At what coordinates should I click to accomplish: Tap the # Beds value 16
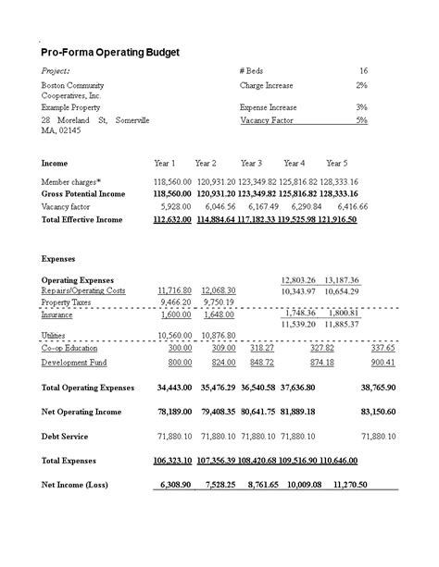(x=363, y=71)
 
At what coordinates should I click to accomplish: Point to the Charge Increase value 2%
(x=361, y=85)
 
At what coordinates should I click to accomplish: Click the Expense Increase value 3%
(x=361, y=107)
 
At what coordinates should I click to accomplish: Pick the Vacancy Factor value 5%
(x=361, y=120)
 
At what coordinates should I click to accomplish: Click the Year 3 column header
(x=251, y=163)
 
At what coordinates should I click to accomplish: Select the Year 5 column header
(x=336, y=163)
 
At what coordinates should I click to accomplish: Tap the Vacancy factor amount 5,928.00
(x=175, y=207)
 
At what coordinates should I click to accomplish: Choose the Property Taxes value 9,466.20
(x=175, y=302)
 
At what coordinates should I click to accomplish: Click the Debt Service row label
(x=66, y=435)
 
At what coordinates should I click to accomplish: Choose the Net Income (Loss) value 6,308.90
(x=175, y=484)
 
